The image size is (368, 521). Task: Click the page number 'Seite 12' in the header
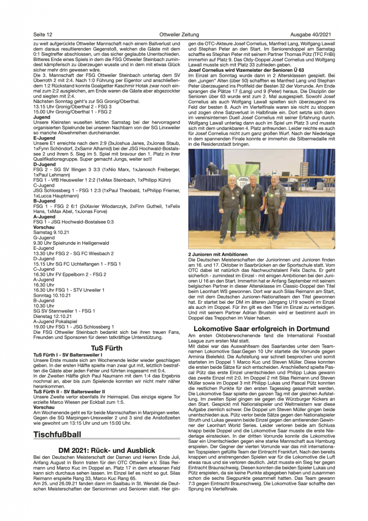click(x=43, y=34)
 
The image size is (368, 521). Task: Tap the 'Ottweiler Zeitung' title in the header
click(x=183, y=34)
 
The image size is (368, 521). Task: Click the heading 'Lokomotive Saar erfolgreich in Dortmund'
click(x=261, y=328)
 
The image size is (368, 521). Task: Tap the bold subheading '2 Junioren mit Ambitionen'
click(x=218, y=254)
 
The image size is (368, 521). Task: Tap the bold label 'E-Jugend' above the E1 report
click(x=44, y=138)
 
